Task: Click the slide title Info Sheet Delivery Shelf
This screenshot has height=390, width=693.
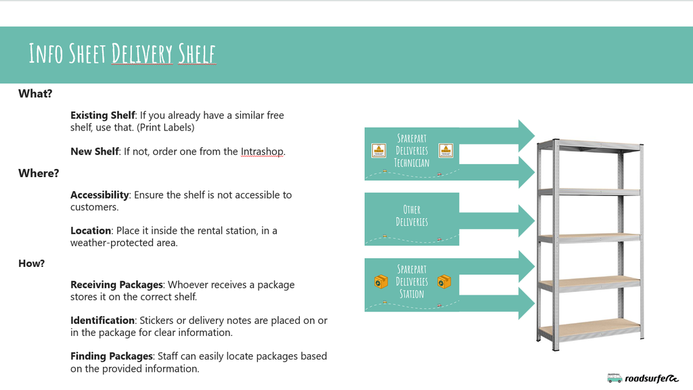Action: tap(122, 53)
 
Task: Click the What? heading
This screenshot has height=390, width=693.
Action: tap(35, 94)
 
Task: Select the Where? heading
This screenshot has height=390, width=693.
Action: tap(39, 174)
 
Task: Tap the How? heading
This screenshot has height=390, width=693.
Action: tap(31, 264)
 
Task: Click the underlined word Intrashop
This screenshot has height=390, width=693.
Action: tap(262, 151)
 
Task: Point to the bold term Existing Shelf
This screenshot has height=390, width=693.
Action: tap(103, 116)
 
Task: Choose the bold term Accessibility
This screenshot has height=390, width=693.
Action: tap(99, 195)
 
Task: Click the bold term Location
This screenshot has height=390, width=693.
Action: tap(91, 230)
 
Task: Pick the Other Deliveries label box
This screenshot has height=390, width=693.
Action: tap(411, 216)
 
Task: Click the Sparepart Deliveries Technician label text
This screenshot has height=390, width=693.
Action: tap(411, 151)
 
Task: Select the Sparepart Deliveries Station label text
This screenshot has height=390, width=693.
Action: tap(411, 282)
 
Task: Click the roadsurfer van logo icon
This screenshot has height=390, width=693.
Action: tap(614, 379)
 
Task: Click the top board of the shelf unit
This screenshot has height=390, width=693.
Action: tap(589, 144)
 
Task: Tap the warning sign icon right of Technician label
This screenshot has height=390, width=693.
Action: tap(445, 151)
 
